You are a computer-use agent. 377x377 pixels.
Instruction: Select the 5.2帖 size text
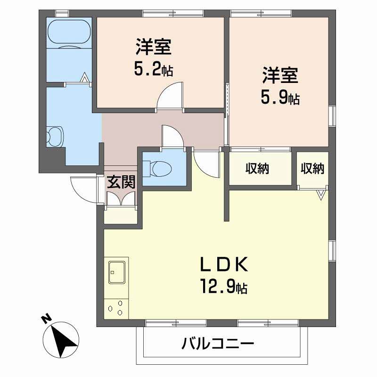[x=153, y=70]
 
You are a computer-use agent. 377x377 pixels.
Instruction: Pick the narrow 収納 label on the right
[x=312, y=169]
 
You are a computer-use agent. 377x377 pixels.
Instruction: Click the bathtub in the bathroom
[x=69, y=32]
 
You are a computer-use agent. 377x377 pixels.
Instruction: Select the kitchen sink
[x=117, y=270]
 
